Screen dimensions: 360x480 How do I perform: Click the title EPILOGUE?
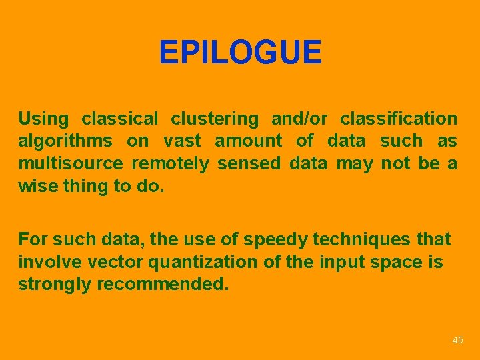240,53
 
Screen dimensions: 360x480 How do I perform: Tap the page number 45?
457,341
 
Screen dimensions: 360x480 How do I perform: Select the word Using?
43,119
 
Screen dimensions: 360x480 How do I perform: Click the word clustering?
215,119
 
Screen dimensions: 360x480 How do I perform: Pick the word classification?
399,119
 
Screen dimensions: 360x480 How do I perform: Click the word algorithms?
65,142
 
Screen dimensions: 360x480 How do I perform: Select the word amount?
249,141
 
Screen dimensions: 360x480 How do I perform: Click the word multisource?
71,163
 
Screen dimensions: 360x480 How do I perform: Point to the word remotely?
170,163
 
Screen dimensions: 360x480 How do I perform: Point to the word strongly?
55,285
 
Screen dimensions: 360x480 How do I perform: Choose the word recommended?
163,284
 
